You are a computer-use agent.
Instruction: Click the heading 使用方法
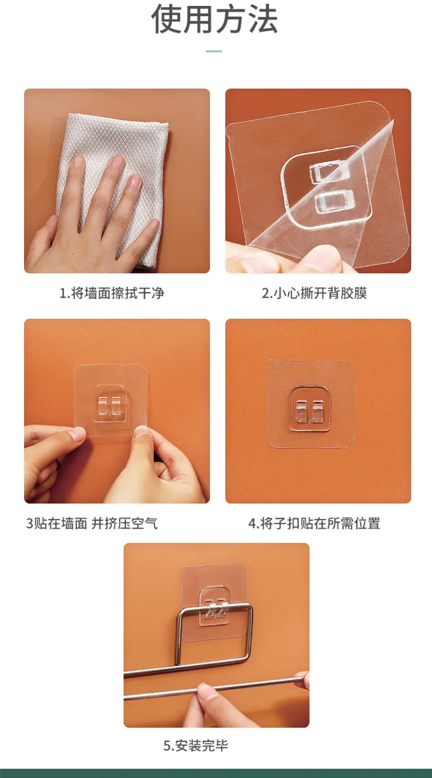pyautogui.click(x=214, y=20)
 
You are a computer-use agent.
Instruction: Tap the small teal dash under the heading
pyautogui.click(x=214, y=51)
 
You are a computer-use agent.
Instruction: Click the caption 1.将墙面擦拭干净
pyautogui.click(x=112, y=293)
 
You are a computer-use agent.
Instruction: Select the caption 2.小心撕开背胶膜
pyautogui.click(x=314, y=293)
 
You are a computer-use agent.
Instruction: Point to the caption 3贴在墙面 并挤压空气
pyautogui.click(x=92, y=523)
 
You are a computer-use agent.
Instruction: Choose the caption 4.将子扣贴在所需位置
pyautogui.click(x=314, y=523)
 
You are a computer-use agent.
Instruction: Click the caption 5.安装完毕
pyautogui.click(x=196, y=745)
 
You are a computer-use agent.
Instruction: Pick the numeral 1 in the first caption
pyautogui.click(x=63, y=294)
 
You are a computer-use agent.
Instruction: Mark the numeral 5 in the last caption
pyautogui.click(x=167, y=746)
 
